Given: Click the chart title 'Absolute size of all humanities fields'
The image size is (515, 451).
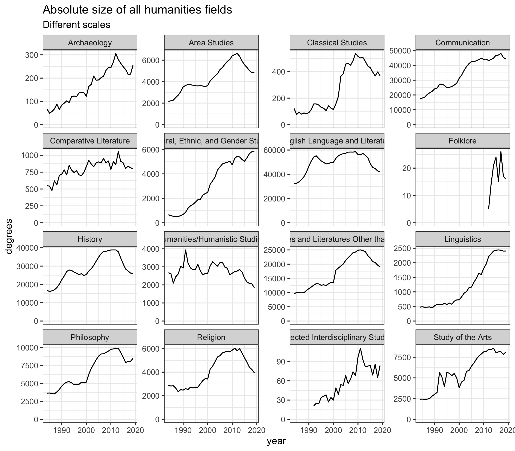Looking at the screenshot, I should [137, 10].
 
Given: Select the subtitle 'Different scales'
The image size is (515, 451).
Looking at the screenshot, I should [76, 25].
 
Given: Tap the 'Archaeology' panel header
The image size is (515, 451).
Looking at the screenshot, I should [90, 43].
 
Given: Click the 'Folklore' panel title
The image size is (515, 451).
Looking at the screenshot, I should [462, 141].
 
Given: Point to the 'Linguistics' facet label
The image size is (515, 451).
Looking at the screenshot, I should [462, 239].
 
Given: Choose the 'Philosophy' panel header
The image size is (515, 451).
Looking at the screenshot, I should [90, 337].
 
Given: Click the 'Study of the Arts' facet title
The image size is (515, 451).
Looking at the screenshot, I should [462, 337].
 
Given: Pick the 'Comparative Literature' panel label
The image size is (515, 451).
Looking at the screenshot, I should [90, 141].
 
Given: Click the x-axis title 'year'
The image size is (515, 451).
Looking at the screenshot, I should [276, 441].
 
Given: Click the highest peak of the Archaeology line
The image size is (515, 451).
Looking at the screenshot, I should [116, 53].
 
